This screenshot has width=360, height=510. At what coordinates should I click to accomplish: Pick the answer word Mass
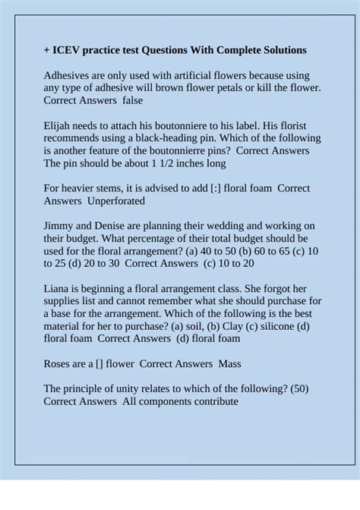[229, 363]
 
